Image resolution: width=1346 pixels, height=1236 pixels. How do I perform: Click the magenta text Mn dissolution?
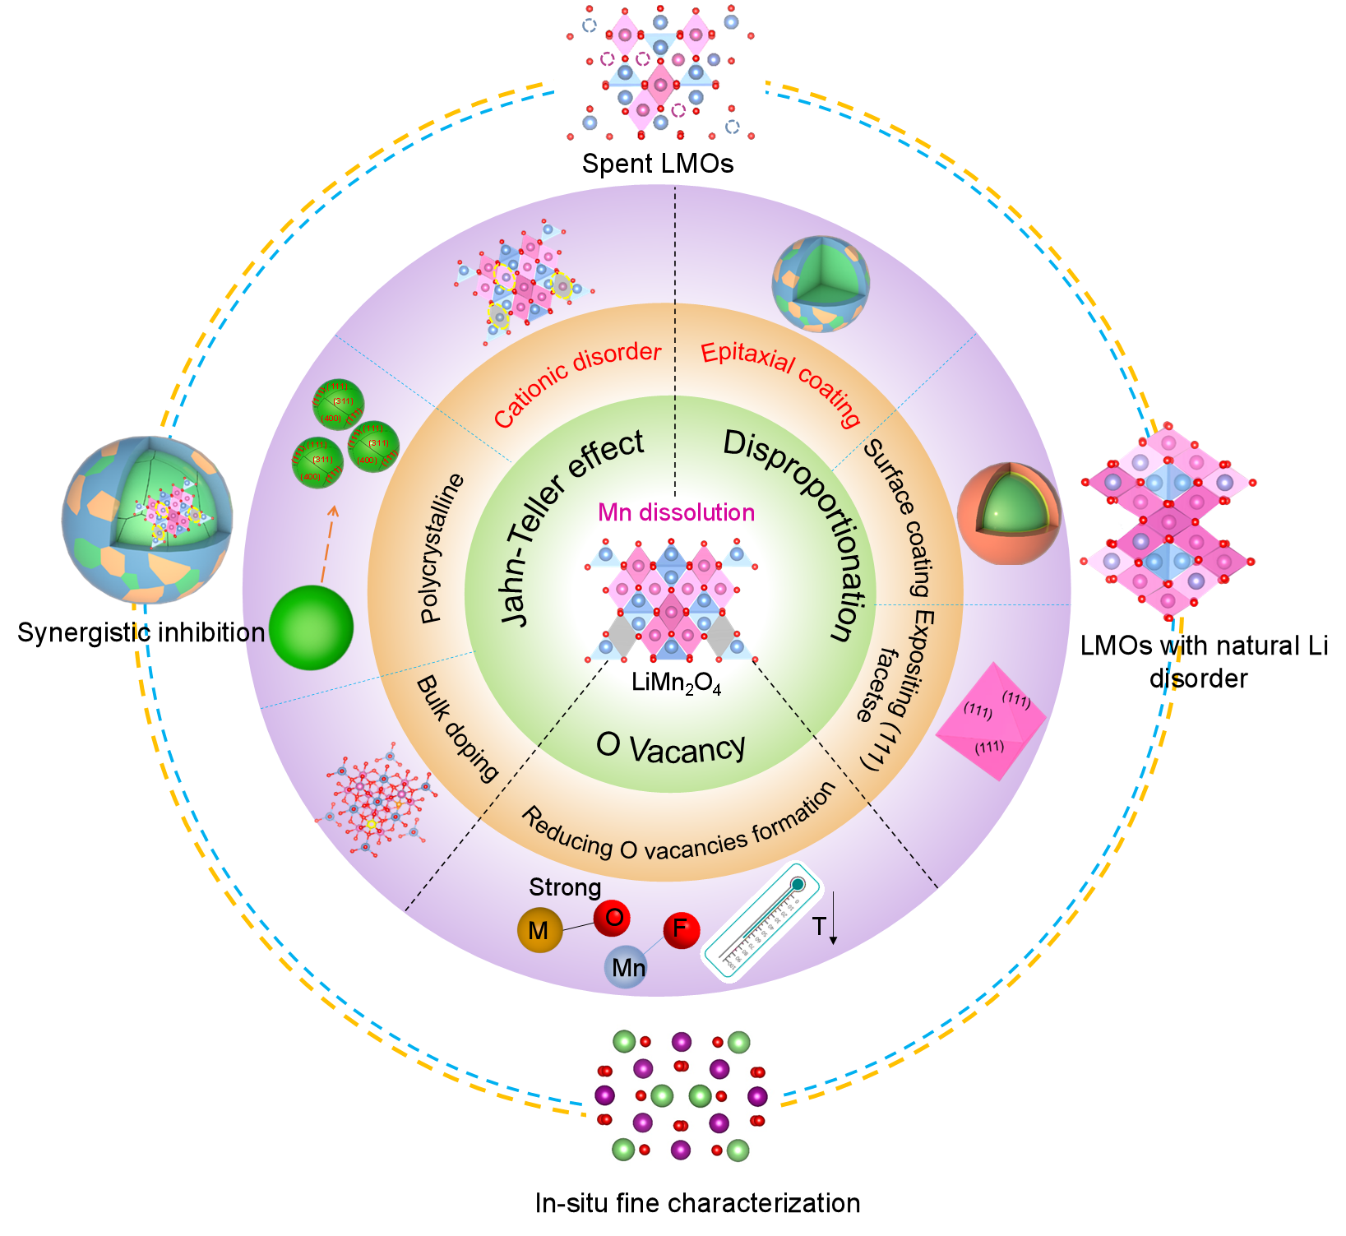coord(676,512)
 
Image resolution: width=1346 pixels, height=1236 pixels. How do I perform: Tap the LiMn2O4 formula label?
coord(676,683)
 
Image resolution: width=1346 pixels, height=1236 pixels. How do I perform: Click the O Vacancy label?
coord(670,747)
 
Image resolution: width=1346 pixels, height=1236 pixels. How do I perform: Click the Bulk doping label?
coord(458,729)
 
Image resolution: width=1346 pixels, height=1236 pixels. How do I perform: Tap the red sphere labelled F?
coord(681,929)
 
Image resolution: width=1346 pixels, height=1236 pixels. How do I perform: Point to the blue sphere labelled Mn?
coord(627,967)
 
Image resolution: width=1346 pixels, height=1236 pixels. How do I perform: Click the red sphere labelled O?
coord(613,916)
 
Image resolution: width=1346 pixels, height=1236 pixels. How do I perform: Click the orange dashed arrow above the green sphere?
coord(327,544)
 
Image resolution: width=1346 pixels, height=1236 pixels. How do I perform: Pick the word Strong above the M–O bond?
coord(565,887)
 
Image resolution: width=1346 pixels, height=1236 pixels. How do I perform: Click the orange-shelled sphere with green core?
coord(1008,513)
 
